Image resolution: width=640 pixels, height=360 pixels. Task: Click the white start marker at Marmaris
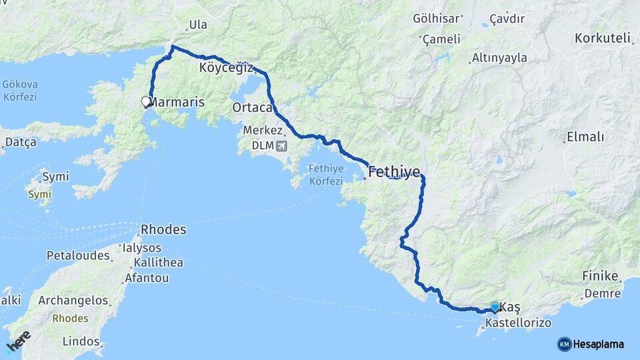[146, 102]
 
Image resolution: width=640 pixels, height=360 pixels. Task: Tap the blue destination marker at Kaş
[495, 307]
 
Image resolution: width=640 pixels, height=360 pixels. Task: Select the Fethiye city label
[394, 172]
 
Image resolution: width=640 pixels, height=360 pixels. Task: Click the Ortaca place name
[252, 107]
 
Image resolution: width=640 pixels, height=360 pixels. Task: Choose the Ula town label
[198, 25]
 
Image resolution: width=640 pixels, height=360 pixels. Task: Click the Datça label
[21, 143]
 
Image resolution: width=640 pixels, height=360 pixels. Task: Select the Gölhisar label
[437, 18]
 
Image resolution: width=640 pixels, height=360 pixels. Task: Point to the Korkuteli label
[602, 38]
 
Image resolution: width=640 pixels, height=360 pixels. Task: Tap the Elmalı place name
[585, 137]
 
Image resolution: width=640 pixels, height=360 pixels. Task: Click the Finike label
[601, 275]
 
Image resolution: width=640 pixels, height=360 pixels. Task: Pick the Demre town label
[602, 293]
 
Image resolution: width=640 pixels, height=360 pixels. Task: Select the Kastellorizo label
[519, 323]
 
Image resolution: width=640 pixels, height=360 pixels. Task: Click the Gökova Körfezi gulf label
[20, 91]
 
